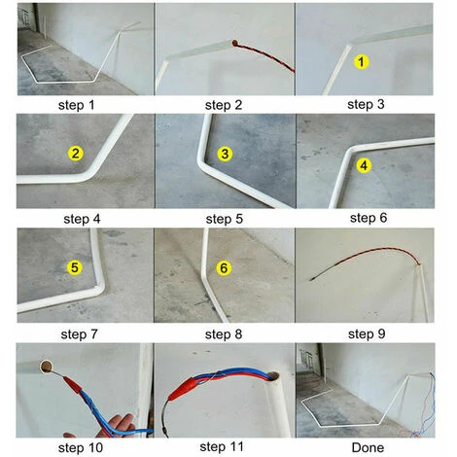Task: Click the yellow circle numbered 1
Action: point(362,61)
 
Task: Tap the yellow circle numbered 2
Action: point(76,154)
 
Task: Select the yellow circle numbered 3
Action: point(225,154)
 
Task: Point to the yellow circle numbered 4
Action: point(364,165)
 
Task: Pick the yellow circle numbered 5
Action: point(75,267)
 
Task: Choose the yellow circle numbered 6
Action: point(224,268)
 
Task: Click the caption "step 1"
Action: point(77,105)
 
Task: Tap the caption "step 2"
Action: point(224,105)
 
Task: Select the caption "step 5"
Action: point(225,219)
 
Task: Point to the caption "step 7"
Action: point(80,334)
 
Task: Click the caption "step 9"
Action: point(367,334)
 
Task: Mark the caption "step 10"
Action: point(81,448)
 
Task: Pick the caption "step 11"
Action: point(222,447)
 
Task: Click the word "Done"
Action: point(368,447)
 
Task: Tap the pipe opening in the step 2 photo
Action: point(234,43)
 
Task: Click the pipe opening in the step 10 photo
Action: point(46,367)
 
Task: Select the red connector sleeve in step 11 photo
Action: point(182,389)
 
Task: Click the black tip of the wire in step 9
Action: point(313,278)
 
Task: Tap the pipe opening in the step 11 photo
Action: point(273,376)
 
